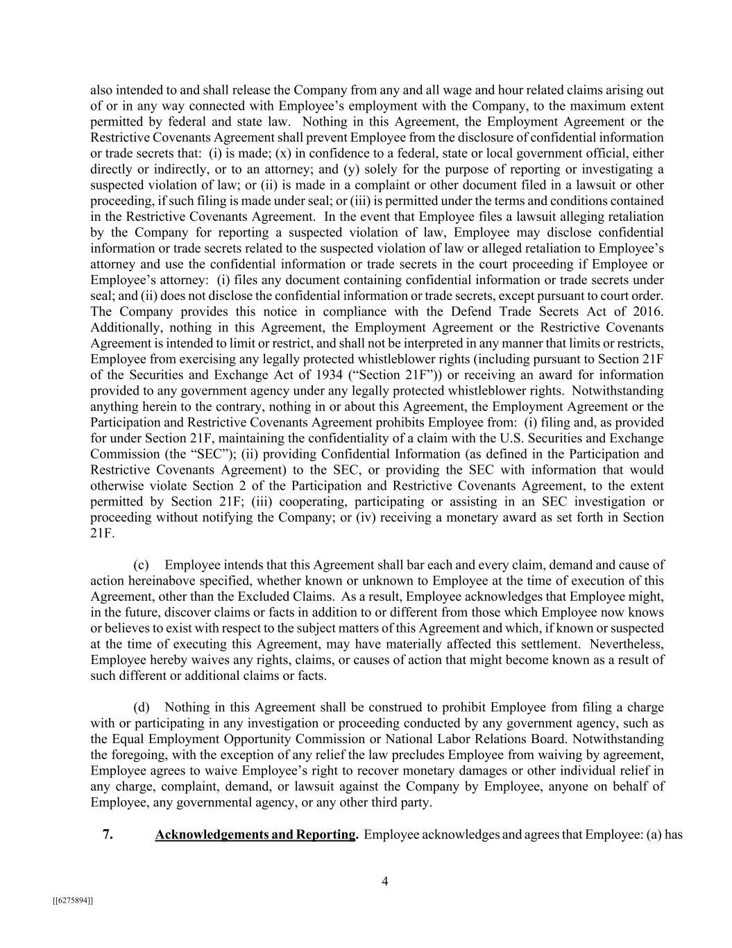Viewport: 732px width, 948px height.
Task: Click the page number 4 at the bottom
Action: coord(384,881)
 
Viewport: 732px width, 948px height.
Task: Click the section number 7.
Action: coord(108,834)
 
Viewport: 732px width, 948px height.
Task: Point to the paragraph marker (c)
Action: coord(141,565)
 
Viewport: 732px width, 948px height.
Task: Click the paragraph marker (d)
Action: coord(142,707)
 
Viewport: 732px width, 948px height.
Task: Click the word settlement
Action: coord(552,644)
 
